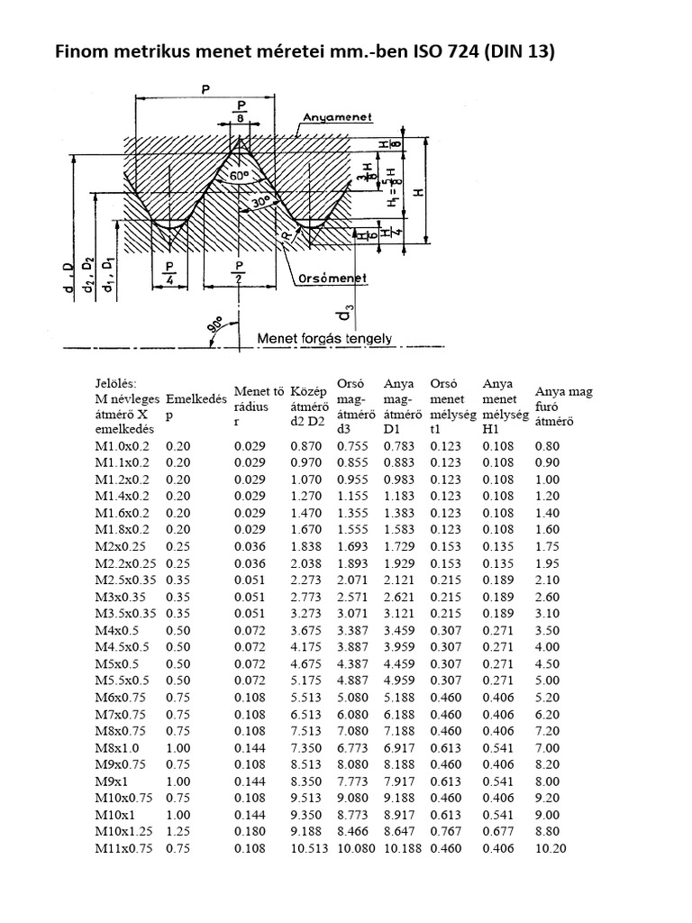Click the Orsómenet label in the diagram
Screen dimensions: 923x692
[332, 279]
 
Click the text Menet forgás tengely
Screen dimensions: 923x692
[325, 339]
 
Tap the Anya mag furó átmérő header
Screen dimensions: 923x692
[563, 406]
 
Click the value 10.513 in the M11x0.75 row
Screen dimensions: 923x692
[308, 849]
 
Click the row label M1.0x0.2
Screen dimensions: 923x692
[123, 446]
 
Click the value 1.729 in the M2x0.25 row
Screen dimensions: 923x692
[399, 545]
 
